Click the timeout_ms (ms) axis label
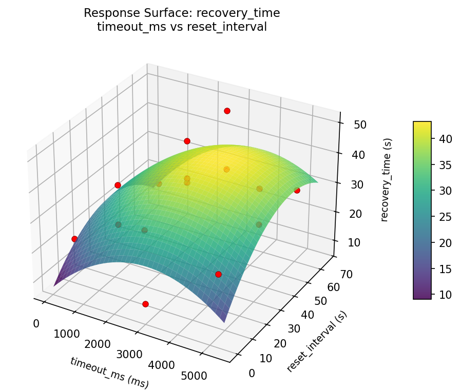(109, 373)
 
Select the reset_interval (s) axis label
(317, 341)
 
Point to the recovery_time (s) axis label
(388, 179)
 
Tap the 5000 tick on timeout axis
(194, 376)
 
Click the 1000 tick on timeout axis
(67, 334)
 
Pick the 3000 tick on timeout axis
(129, 355)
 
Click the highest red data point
(227, 111)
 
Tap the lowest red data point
(145, 304)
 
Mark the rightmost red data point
(297, 190)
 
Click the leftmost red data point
(74, 239)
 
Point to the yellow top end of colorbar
(422, 123)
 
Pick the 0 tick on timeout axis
(35, 323)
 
